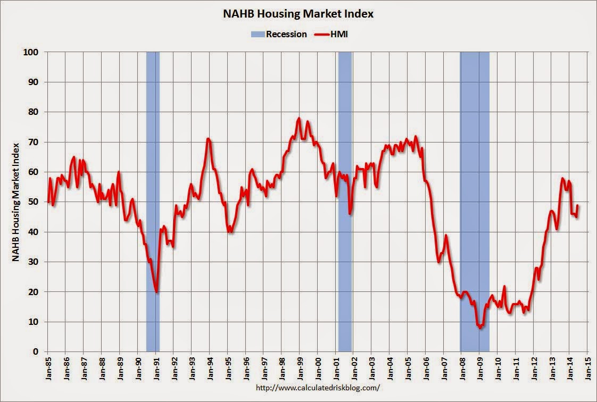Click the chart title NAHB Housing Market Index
tap(298, 14)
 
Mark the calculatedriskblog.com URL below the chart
tap(318, 388)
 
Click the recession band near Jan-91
tap(153, 202)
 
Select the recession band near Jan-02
tap(345, 202)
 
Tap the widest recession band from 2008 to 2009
tap(475, 202)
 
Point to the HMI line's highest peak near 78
tap(299, 118)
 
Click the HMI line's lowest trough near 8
tap(480, 328)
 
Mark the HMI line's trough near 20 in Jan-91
tap(156, 292)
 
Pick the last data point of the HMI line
tap(578, 205)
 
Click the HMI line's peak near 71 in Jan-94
tap(208, 139)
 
